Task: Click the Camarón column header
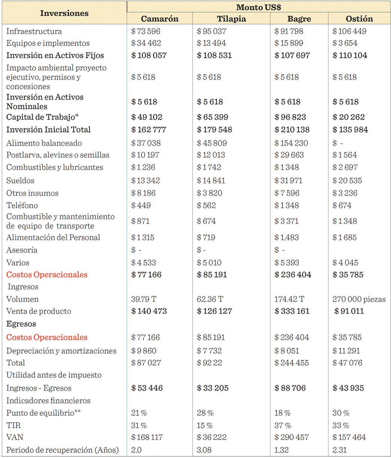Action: pyautogui.click(x=160, y=19)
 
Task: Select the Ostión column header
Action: pyautogui.click(x=360, y=19)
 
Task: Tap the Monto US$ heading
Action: pyautogui.click(x=258, y=7)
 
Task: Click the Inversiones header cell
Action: pyautogui.click(x=64, y=13)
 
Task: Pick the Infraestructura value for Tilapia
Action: pyautogui.click(x=212, y=31)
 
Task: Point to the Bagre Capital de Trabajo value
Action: pyautogui.click(x=290, y=117)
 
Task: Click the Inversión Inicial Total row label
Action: pyautogui.click(x=49, y=130)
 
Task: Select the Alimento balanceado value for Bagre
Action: pyautogui.click(x=291, y=143)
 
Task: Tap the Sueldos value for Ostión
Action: pyautogui.click(x=347, y=181)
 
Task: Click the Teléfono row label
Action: pyautogui.click(x=22, y=205)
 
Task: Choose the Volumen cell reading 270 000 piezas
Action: pyautogui.click(x=359, y=299)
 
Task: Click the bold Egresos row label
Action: pyautogui.click(x=21, y=324)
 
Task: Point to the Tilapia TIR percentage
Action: pyautogui.click(x=205, y=425)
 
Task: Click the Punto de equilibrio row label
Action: pyautogui.click(x=43, y=413)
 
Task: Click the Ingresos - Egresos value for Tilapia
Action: pyautogui.click(x=212, y=388)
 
